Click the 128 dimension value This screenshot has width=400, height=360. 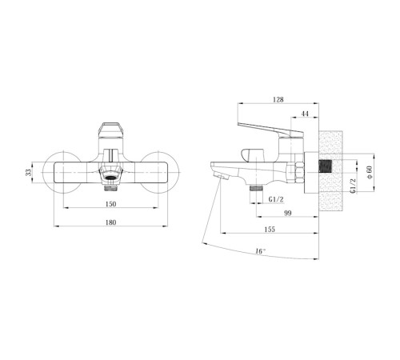point(278,99)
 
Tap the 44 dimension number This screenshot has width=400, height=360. point(305,114)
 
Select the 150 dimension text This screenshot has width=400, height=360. point(110,204)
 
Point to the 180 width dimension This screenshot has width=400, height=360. point(110,222)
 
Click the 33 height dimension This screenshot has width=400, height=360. point(29,172)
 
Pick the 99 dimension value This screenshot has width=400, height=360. point(288,213)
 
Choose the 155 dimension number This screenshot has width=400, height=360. point(270,230)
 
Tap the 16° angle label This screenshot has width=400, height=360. point(261,251)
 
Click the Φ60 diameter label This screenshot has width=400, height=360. point(369,172)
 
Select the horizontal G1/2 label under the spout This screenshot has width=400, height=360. point(276,199)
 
